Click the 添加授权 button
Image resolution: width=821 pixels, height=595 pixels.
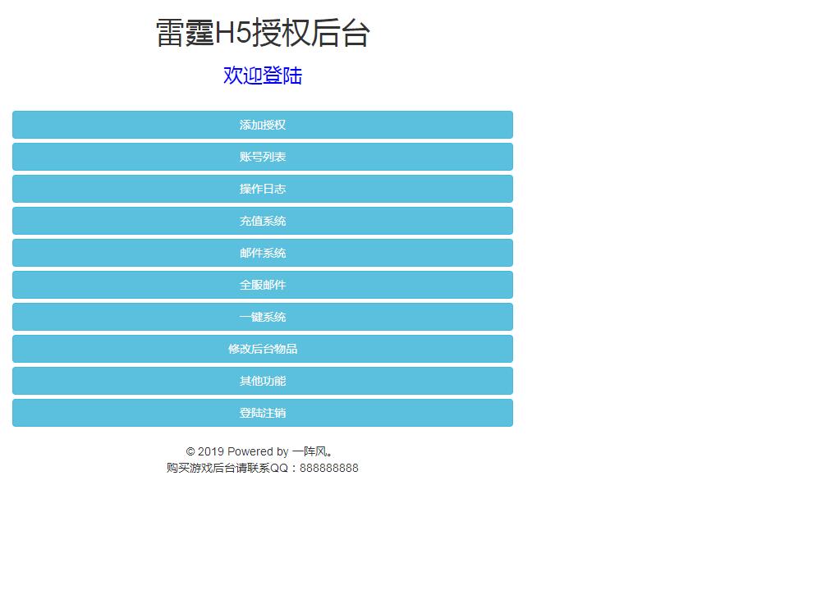pyautogui.click(x=263, y=125)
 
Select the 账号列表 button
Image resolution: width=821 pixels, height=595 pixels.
pyautogui.click(x=263, y=157)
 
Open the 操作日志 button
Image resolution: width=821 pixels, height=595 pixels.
pyautogui.click(x=263, y=189)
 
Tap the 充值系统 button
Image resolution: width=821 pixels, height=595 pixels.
pyautogui.click(x=263, y=221)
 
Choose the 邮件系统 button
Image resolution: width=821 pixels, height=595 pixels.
pyautogui.click(x=263, y=253)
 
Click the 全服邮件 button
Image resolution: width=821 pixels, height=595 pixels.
pyautogui.click(x=263, y=285)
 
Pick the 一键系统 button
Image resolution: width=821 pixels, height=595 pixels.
pyautogui.click(x=263, y=317)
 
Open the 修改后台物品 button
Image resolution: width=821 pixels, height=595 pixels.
pyautogui.click(x=263, y=349)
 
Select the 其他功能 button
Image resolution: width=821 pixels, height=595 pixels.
pyautogui.click(x=263, y=381)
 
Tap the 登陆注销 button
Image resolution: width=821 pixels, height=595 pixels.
pyautogui.click(x=263, y=413)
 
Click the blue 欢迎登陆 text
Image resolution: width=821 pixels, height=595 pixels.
pyautogui.click(x=263, y=76)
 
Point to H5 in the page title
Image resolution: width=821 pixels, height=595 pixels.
pyautogui.click(x=233, y=33)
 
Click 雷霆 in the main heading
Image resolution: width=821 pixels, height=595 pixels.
pyautogui.click(x=185, y=33)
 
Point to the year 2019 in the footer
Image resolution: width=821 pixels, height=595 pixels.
pyautogui.click(x=211, y=451)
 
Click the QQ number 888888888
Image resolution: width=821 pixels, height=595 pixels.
pyautogui.click(x=329, y=468)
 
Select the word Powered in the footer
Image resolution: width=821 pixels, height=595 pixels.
pyautogui.click(x=250, y=451)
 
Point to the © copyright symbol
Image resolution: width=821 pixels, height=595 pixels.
pyautogui.click(x=190, y=451)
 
